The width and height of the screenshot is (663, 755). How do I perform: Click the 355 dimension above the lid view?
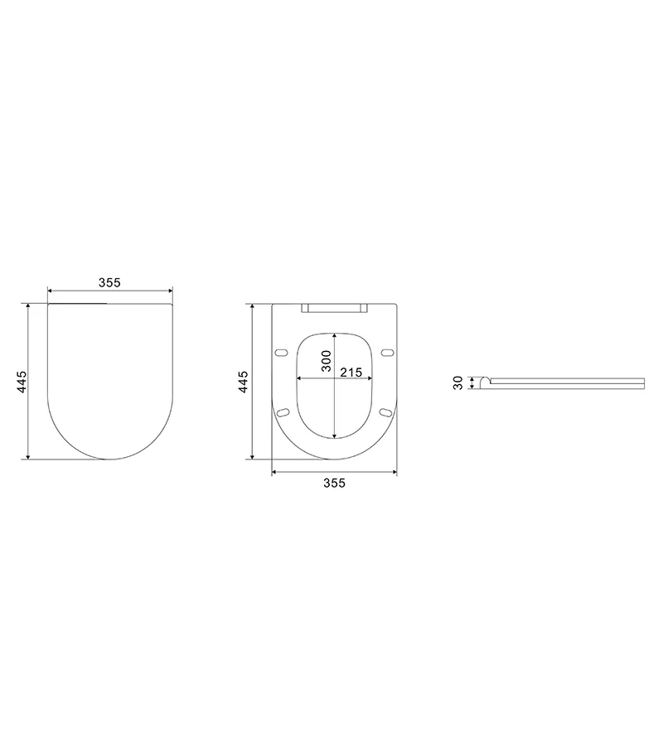(x=109, y=282)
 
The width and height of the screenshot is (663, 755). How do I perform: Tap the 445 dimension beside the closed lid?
(x=22, y=382)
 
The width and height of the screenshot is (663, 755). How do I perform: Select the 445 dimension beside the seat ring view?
(x=244, y=382)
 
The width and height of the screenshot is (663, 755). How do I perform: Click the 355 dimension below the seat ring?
(x=334, y=483)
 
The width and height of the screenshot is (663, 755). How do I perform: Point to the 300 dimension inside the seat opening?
(x=327, y=361)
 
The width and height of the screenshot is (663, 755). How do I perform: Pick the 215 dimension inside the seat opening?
(x=351, y=373)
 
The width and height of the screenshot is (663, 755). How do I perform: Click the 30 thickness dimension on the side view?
(x=458, y=382)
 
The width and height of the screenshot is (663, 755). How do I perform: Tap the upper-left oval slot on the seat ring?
(x=282, y=353)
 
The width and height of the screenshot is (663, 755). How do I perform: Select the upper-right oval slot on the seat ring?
(x=386, y=353)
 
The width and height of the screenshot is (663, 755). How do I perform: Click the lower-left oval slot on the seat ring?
(x=283, y=412)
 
